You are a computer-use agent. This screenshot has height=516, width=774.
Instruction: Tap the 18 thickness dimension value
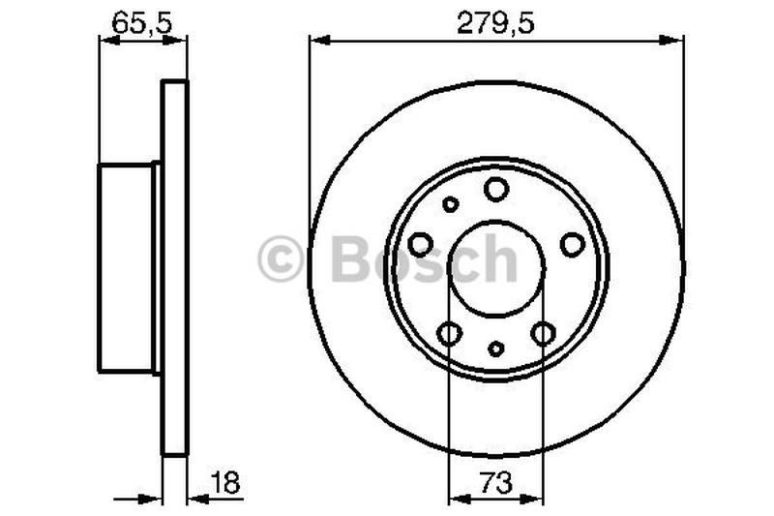point(225,481)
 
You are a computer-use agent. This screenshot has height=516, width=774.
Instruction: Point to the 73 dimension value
point(496,481)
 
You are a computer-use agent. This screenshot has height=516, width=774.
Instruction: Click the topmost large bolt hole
point(496,189)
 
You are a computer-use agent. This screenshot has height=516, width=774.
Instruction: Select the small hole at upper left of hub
point(450,204)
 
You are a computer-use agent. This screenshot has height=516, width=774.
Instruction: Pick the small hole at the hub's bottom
point(496,349)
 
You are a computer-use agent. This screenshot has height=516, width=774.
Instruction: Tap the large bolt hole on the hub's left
point(421,244)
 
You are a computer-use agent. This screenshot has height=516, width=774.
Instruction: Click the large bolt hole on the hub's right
point(572,244)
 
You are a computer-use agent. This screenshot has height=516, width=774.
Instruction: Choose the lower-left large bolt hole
point(449,333)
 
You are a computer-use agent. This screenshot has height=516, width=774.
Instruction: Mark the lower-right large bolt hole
point(543,333)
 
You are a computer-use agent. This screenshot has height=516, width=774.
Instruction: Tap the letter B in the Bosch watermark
point(353,259)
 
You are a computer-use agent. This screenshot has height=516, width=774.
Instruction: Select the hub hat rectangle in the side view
point(127,267)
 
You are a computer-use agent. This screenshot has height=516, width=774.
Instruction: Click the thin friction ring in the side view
point(173,267)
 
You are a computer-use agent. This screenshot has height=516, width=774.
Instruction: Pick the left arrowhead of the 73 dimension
point(457,500)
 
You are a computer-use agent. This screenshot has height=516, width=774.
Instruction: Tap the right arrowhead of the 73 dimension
point(536,500)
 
